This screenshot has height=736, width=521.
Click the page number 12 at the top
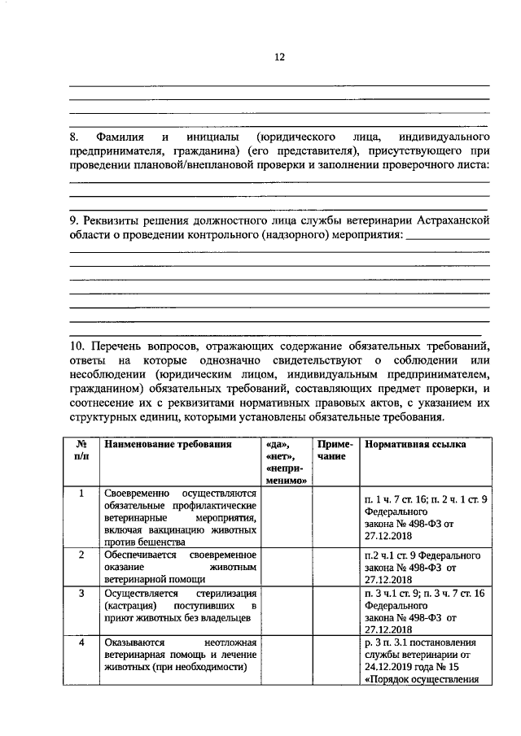pyautogui.click(x=279, y=57)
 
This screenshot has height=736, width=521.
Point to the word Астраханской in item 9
pyautogui.click(x=452, y=221)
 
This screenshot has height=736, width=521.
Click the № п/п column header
pyautogui.click(x=81, y=451)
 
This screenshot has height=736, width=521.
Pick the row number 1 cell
pyautogui.click(x=81, y=493)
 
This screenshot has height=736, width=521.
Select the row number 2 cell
pyautogui.click(x=81, y=554)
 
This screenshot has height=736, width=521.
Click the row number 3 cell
pyautogui.click(x=81, y=594)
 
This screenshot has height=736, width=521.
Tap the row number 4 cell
pyautogui.click(x=81, y=642)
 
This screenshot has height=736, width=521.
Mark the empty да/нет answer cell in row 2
pyautogui.click(x=287, y=567)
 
